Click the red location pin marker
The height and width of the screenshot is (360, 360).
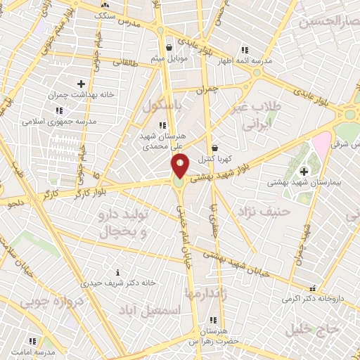(180, 167)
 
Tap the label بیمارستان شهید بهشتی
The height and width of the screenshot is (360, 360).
(304, 181)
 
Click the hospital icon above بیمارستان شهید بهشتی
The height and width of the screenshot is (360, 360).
(304, 171)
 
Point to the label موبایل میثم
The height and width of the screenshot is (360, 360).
(167, 58)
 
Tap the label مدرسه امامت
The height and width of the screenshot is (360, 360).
(33, 351)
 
